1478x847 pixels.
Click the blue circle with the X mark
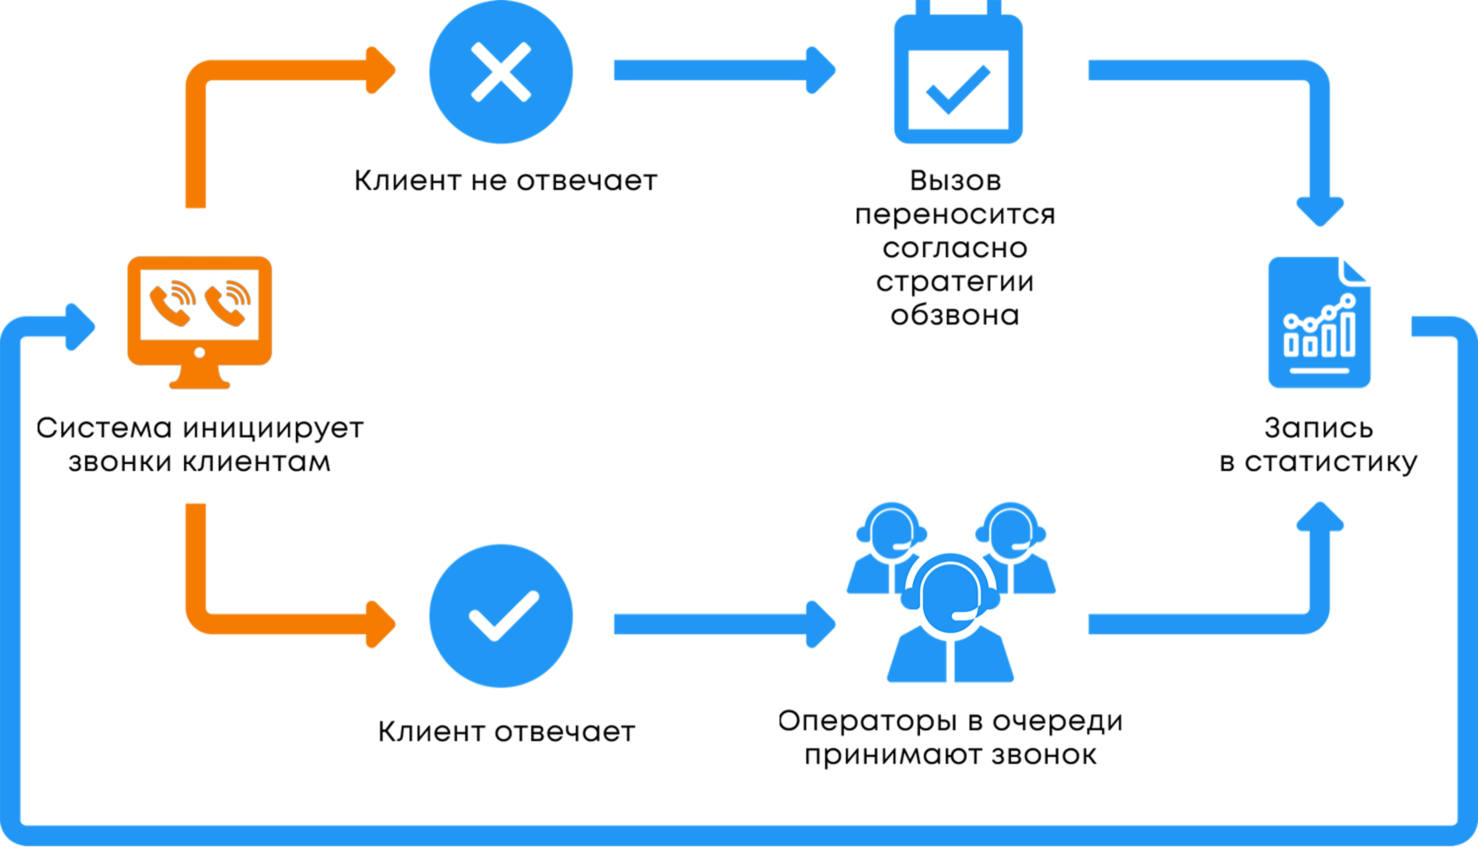click(x=501, y=72)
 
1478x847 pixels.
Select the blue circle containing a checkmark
click(x=501, y=615)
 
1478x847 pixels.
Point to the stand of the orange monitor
click(x=200, y=378)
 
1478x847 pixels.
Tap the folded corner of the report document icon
click(x=1355, y=270)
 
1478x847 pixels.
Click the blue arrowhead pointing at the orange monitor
click(x=80, y=327)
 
